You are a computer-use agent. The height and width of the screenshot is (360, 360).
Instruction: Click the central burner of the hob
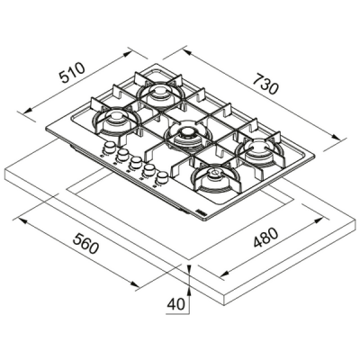click(x=187, y=136)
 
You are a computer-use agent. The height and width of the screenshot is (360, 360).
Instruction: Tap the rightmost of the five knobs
click(x=165, y=175)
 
